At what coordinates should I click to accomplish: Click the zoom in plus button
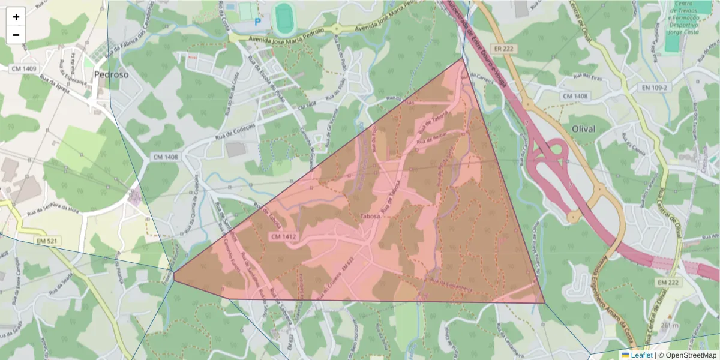tap(16, 17)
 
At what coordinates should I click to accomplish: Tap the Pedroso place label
tap(111, 75)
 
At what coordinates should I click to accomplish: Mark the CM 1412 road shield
tap(284, 237)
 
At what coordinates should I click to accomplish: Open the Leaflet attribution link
tap(641, 355)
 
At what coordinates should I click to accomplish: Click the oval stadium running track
tap(284, 17)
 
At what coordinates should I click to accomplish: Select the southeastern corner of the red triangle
tap(545, 303)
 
